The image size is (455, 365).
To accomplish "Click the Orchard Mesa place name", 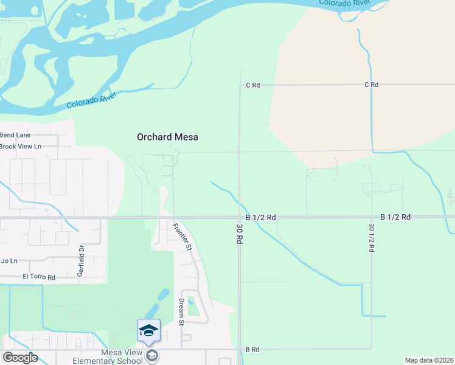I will coord(167,137).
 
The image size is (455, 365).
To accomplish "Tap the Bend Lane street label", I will coord(15,134).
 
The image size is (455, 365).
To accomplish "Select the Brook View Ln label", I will coord(20,146).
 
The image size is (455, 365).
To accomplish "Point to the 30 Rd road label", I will coord(239,233).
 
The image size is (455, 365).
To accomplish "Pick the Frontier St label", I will coord(181,237).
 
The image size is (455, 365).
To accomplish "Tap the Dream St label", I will coord(181,312).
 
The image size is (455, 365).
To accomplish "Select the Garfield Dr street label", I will coord(80,260).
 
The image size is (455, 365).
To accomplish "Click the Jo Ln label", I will coord(9,260).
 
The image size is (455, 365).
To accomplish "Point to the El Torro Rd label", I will coord(39,277).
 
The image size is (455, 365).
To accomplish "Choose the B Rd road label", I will coord(252,349).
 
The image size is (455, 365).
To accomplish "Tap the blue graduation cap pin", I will coord(148,331).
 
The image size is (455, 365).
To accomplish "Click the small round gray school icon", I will coord(153,355).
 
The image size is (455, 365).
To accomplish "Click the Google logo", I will coord(20,358).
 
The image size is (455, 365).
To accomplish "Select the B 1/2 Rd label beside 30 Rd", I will coord(261,217).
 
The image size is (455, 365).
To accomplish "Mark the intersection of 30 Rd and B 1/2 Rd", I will coord(239,217).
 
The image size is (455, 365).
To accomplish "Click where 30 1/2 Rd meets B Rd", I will coord(371,349).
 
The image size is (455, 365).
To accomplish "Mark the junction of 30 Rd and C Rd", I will coord(239,85).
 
